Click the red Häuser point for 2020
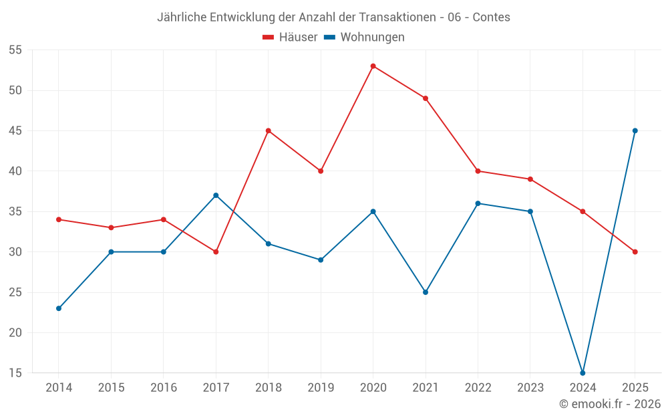pos(373,66)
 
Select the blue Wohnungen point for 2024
pos(582,373)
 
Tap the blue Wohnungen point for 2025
pos(635,131)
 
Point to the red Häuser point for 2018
pos(269,131)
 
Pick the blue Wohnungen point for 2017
pos(216,195)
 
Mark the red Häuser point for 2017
pos(216,252)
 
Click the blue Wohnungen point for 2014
pos(59,308)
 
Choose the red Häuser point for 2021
pos(426,98)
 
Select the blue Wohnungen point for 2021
pos(426,292)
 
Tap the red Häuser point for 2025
pos(635,252)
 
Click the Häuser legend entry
pos(290,37)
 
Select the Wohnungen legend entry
pos(364,37)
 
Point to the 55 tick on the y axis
pos(15,50)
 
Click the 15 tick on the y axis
pos(15,373)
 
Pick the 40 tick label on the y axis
pos(15,171)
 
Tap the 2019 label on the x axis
pos(321,387)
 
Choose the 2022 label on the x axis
pos(478,387)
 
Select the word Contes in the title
pos(491,17)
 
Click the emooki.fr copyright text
pos(610,403)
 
